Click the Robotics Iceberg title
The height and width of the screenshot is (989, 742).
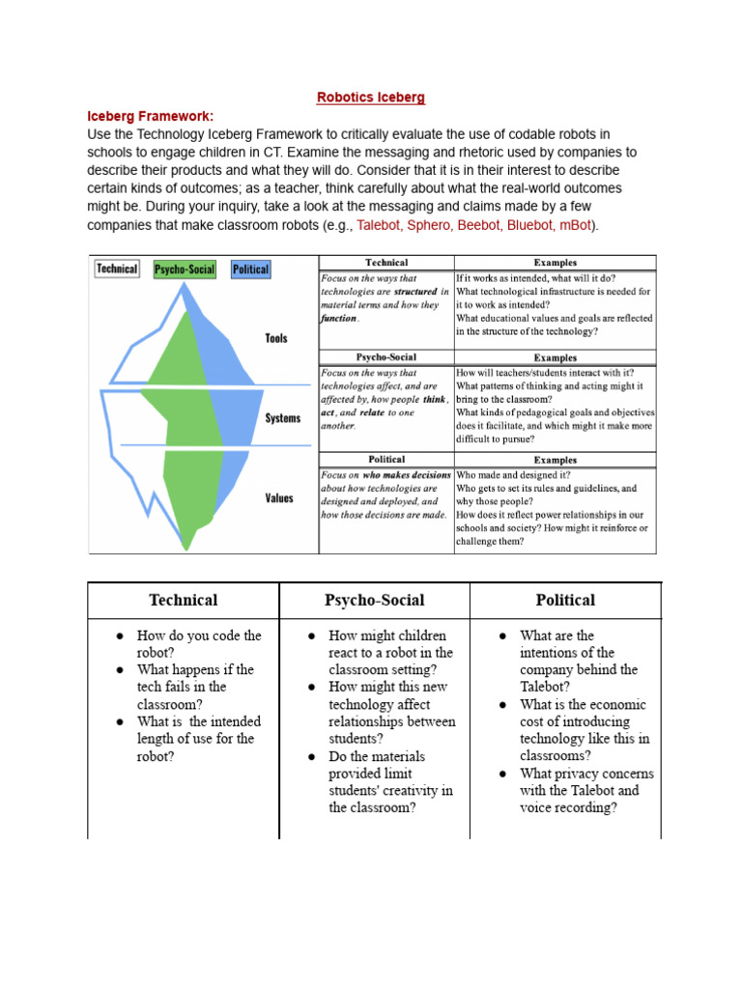tap(371, 98)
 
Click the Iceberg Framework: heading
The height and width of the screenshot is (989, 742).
tap(150, 116)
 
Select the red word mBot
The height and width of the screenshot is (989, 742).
tap(576, 225)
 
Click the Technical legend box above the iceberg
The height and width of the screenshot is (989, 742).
tap(117, 268)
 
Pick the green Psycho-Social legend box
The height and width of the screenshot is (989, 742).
tap(185, 269)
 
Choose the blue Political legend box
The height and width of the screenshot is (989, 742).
tap(250, 269)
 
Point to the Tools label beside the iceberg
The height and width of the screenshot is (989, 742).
tap(276, 339)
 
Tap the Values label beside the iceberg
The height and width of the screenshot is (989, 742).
tap(278, 498)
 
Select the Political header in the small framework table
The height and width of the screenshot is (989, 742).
tap(386, 460)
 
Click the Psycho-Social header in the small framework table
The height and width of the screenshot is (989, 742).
tap(386, 356)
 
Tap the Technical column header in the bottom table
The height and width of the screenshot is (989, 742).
tap(184, 600)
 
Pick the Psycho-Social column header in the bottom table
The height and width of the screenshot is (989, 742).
tap(375, 600)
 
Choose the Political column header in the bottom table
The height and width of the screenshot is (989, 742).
tap(565, 600)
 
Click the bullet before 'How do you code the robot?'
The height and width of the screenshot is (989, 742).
tap(120, 636)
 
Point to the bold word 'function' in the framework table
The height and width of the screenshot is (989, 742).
tap(339, 318)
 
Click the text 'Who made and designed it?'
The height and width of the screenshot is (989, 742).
tap(513, 475)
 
